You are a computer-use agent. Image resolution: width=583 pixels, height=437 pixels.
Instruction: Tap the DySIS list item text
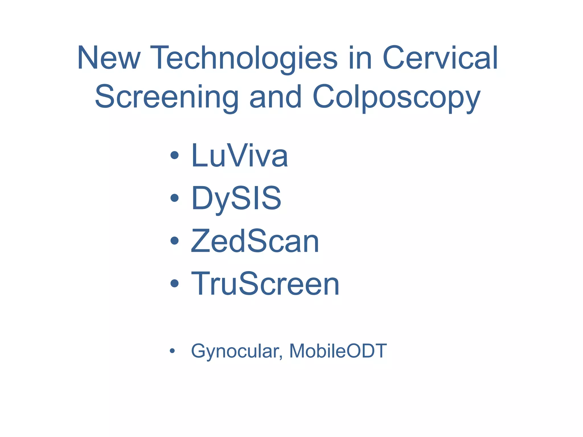tap(236, 198)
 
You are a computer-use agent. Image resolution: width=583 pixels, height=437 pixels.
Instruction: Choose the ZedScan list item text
tap(255, 241)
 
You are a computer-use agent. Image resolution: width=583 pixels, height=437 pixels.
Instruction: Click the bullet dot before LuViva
tap(174, 156)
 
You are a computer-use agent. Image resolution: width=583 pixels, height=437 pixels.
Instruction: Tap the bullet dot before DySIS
tap(174, 198)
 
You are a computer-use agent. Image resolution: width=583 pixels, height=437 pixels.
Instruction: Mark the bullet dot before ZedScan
tap(174, 241)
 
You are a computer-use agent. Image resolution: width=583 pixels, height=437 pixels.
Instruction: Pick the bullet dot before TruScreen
tap(174, 283)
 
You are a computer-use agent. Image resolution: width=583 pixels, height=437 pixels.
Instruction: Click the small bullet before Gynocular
tap(172, 351)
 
